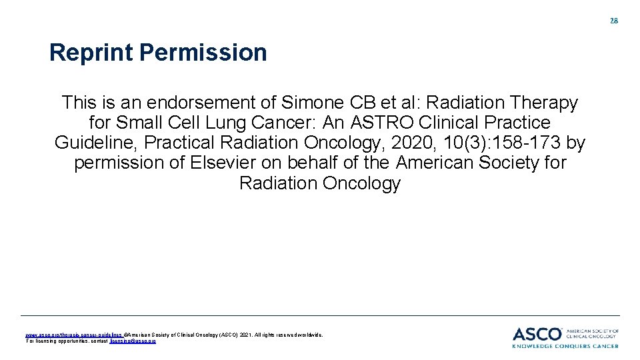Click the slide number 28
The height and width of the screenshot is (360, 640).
[x=614, y=21]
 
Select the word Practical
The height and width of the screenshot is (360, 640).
[x=185, y=143]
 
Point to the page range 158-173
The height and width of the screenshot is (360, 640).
[x=527, y=143]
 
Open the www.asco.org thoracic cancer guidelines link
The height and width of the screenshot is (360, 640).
[x=73, y=335]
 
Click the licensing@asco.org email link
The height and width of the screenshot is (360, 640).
[x=133, y=341]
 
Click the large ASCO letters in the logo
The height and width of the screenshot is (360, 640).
[x=537, y=333]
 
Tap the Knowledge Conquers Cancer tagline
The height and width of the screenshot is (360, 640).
[x=565, y=346]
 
